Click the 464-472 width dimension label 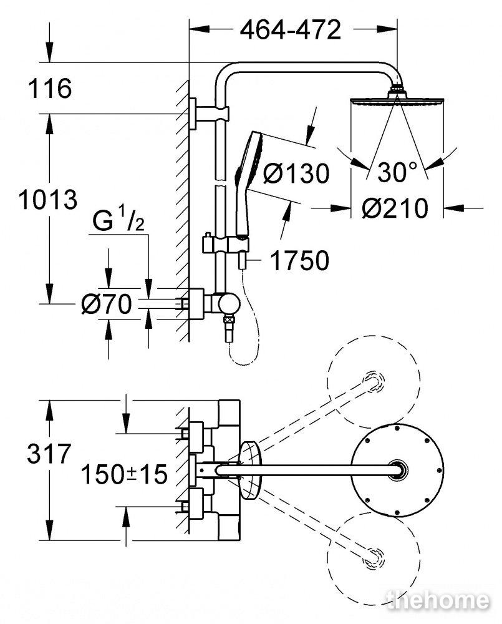click(x=291, y=29)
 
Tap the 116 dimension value click(x=50, y=88)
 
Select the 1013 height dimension click(x=48, y=200)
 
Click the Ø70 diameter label click(x=106, y=304)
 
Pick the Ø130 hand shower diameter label click(x=296, y=173)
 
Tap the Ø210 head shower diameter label click(x=395, y=208)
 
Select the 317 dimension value click(x=49, y=453)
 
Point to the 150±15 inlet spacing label click(x=124, y=474)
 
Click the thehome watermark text click(x=438, y=600)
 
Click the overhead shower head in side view click(x=397, y=99)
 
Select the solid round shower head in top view click(x=397, y=470)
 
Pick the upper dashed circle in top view click(x=374, y=381)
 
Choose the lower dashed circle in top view click(x=374, y=558)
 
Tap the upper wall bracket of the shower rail click(x=209, y=114)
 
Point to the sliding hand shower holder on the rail click(x=226, y=244)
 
